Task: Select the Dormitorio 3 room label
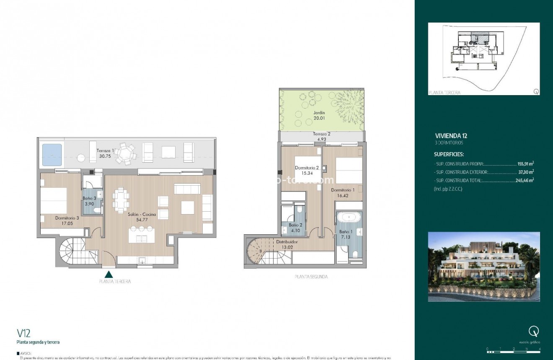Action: [x=67, y=218]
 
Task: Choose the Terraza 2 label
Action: [x=321, y=134]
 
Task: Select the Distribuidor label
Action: [x=287, y=242]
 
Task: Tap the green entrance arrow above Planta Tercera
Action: [x=109, y=275]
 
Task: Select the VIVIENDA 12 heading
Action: [x=450, y=136]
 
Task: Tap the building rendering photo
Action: [x=483, y=267]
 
